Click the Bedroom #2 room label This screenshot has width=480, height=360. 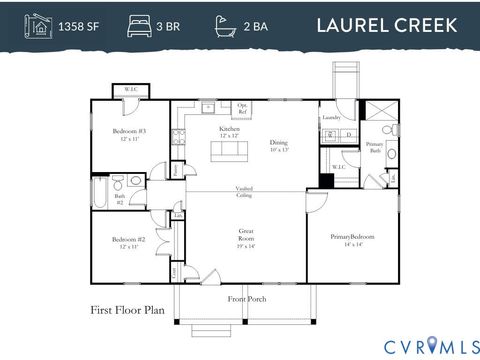click(x=128, y=242)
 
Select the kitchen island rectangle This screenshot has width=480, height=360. click(x=228, y=152)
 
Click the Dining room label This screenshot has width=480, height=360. click(x=278, y=146)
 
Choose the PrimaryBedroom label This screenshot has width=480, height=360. click(x=352, y=238)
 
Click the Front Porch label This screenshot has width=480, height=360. click(x=245, y=298)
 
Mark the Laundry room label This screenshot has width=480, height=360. click(x=333, y=118)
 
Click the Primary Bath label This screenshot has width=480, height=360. click(x=374, y=146)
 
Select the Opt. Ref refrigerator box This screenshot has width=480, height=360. click(x=243, y=107)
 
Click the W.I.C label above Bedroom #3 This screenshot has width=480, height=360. click(x=131, y=90)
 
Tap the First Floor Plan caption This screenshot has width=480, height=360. click(x=127, y=311)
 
